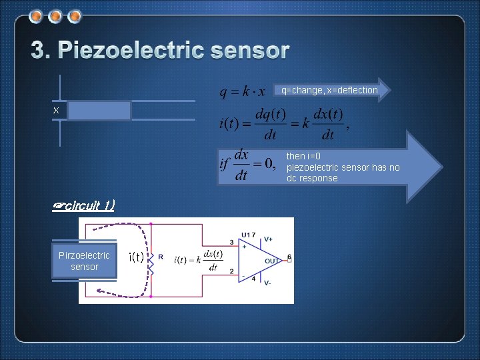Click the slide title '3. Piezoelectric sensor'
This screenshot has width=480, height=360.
(161, 51)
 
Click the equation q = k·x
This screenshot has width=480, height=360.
(243, 91)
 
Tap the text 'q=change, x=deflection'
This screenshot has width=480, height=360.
(329, 90)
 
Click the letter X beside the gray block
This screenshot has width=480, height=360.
(57, 110)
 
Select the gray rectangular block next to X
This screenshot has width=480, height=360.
(99, 111)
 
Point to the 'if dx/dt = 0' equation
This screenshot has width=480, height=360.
(247, 164)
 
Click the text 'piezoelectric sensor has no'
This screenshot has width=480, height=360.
(343, 167)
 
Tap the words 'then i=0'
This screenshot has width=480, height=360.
(304, 156)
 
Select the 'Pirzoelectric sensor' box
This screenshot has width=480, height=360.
(84, 261)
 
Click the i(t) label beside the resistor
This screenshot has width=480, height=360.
(136, 257)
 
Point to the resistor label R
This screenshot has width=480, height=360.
(161, 257)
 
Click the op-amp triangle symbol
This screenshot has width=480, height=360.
(257, 261)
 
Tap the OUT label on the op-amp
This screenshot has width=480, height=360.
(272, 261)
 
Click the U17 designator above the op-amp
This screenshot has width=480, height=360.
(248, 235)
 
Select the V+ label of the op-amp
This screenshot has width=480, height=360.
(268, 239)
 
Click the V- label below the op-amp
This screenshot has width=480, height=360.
(268, 283)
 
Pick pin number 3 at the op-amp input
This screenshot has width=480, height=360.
(231, 242)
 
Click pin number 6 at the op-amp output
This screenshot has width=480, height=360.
(289, 256)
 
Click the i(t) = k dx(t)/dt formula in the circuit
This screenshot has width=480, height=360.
(199, 260)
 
